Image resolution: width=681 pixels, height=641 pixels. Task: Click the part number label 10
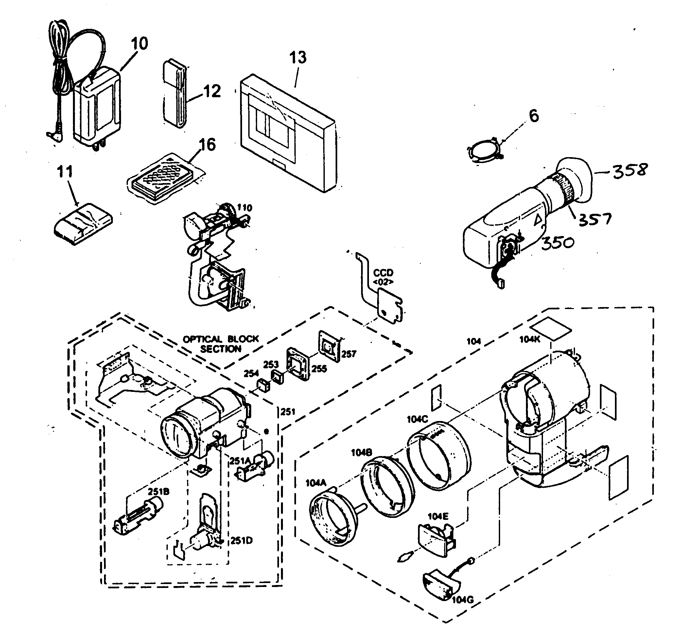(x=139, y=44)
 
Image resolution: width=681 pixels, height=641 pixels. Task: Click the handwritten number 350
(x=557, y=242)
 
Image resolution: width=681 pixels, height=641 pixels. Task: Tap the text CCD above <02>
(x=383, y=273)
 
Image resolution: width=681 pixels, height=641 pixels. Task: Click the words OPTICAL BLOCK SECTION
(x=221, y=344)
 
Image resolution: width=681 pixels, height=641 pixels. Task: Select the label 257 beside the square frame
(x=348, y=354)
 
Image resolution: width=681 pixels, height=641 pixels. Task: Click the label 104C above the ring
(x=417, y=419)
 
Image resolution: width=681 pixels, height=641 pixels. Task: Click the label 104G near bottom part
(x=463, y=599)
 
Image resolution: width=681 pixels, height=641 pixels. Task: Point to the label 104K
(x=530, y=339)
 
